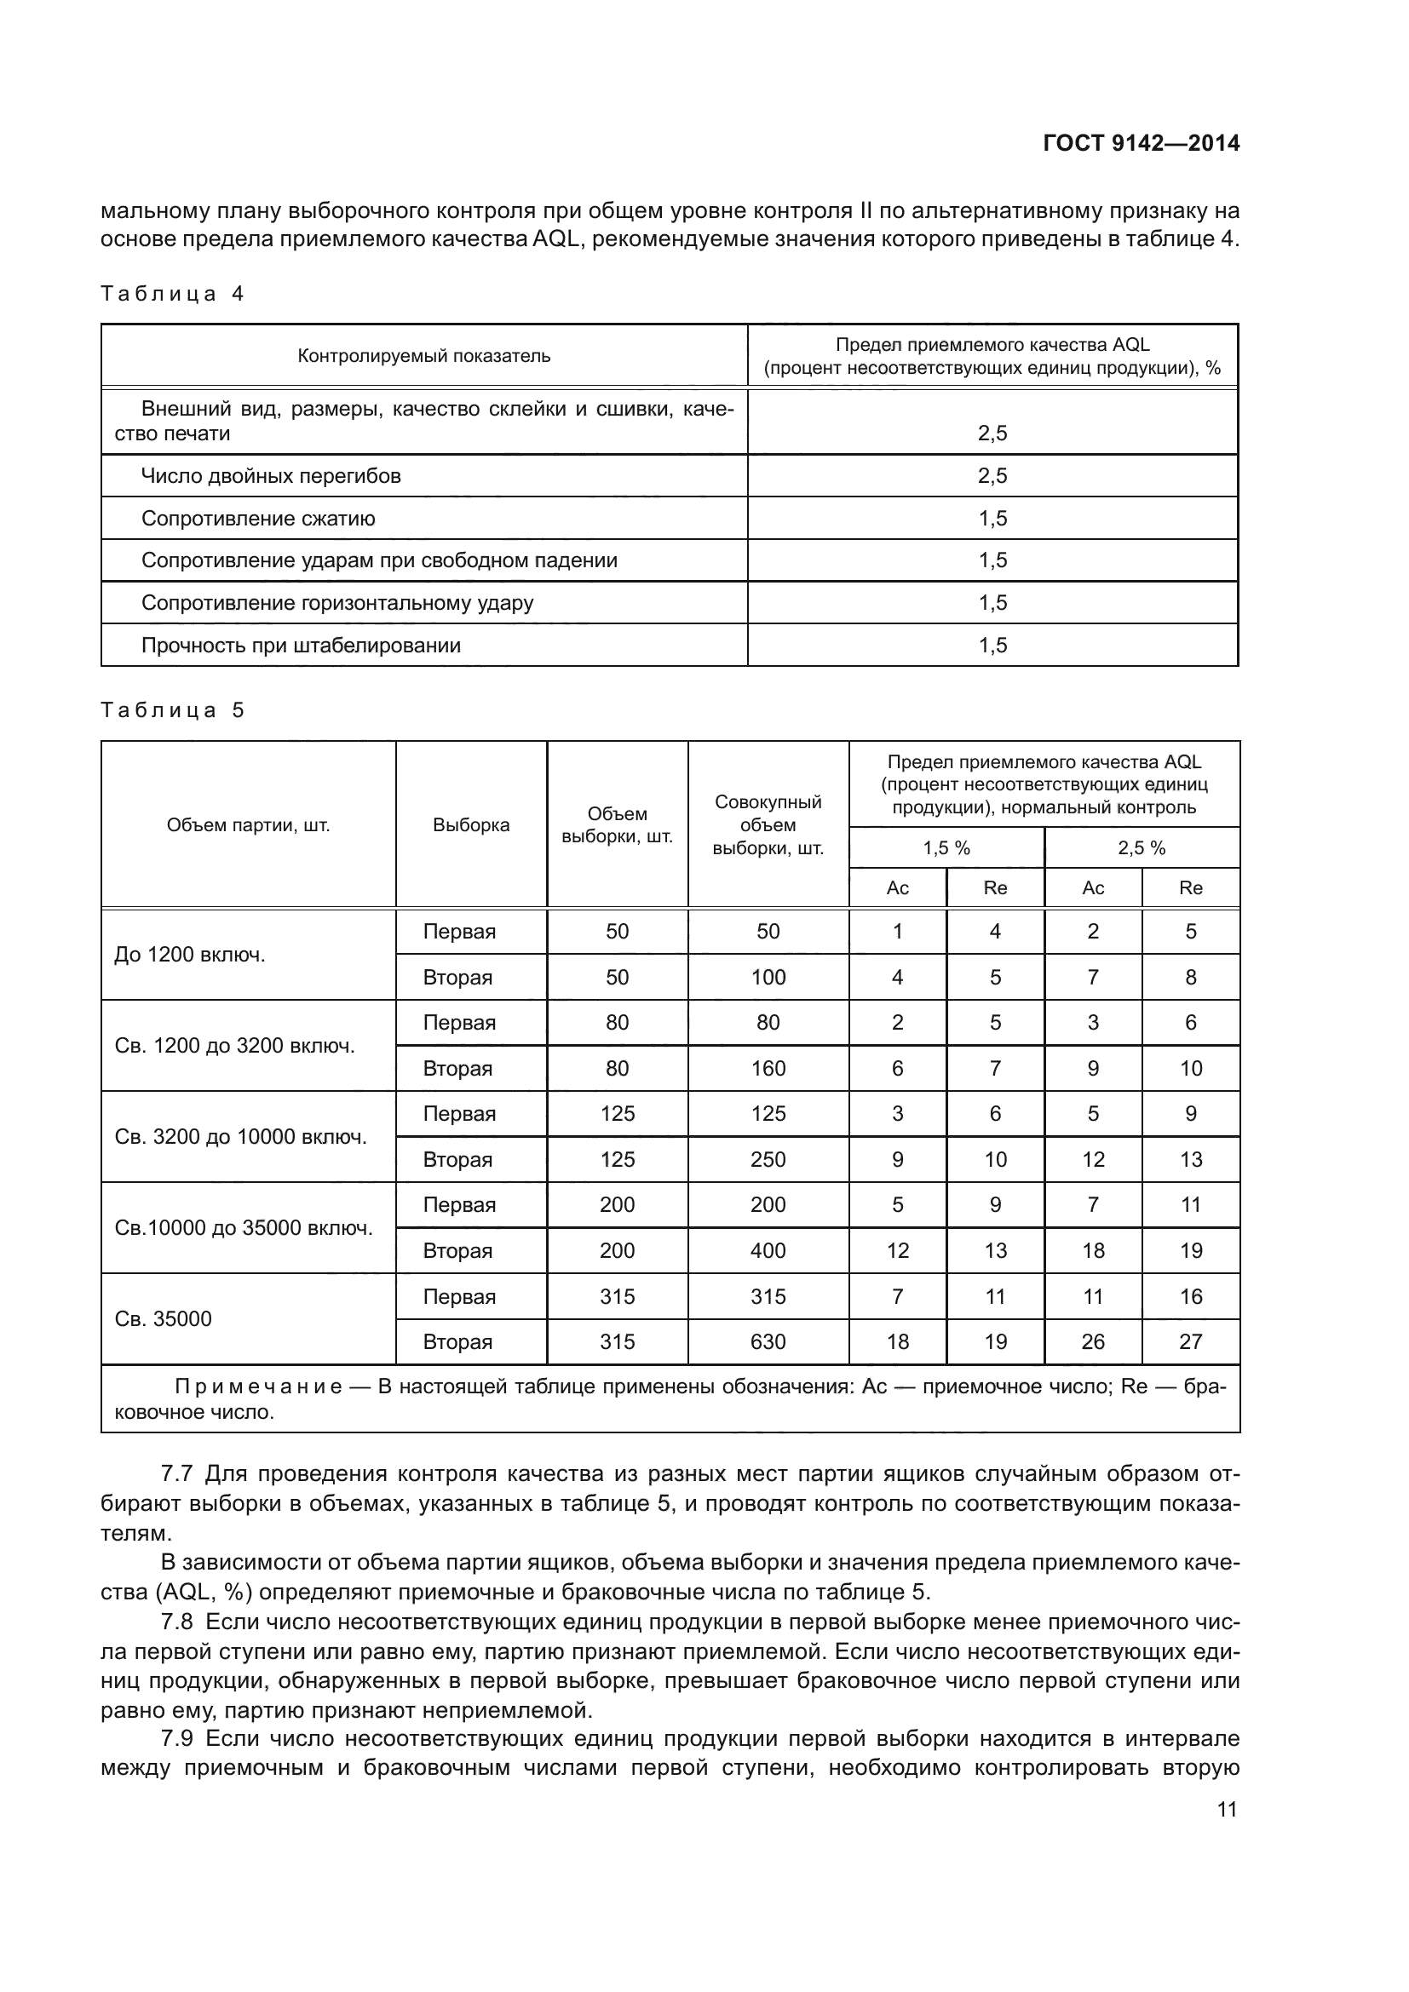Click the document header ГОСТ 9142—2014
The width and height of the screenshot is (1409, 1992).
pos(1141,143)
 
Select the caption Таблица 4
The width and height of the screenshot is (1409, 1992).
pos(172,294)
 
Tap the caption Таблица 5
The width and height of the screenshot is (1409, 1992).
pos(172,710)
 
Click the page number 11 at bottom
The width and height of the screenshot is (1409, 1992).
pos(1227,1809)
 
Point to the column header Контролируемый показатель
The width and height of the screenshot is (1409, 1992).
pos(423,356)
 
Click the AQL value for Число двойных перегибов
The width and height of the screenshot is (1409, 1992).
pos(992,476)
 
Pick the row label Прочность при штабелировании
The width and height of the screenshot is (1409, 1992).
pos(300,646)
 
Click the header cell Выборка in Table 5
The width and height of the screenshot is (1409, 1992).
pos(471,825)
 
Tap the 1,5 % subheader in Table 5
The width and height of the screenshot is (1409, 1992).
pos(946,848)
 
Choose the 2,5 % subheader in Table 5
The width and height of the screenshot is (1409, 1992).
pos(1141,848)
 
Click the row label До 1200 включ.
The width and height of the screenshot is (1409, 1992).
pos(190,956)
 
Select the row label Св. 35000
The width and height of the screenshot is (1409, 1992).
pos(163,1318)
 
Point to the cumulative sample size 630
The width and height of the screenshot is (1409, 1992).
pos(768,1342)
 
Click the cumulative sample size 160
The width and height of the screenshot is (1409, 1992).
pos(768,1069)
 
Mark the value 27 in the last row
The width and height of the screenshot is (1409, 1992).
pos(1190,1342)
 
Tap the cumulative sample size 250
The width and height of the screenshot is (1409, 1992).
pos(768,1160)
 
